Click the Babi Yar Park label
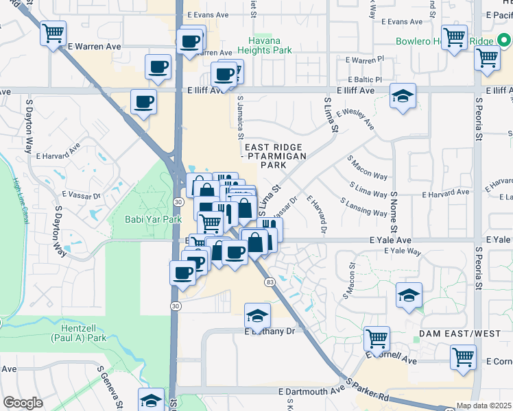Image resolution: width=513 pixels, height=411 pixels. (x=152, y=219)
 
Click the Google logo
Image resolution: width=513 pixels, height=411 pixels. (x=23, y=403)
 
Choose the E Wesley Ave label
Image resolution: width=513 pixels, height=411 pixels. (x=355, y=119)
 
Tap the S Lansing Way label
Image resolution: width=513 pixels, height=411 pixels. (x=363, y=208)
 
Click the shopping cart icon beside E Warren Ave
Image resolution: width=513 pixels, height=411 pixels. (x=53, y=33)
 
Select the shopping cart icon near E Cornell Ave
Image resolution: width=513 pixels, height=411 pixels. (x=463, y=356)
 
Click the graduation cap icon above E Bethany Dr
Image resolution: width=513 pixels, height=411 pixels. (x=258, y=315)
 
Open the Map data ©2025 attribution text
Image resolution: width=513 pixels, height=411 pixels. (x=484, y=406)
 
